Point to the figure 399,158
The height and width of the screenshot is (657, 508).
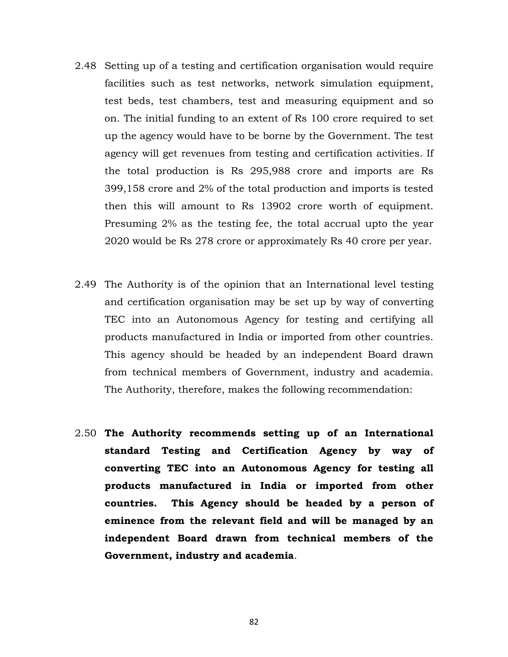pos(125,189)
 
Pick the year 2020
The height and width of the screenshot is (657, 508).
pos(117,241)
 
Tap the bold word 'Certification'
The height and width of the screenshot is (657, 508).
pos(275,451)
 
